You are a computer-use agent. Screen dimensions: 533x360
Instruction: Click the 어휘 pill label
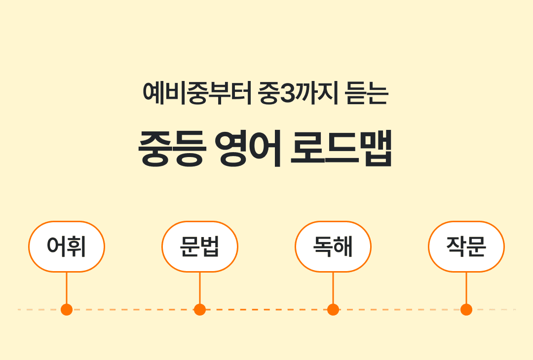pos(67,246)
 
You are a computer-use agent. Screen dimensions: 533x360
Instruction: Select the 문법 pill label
pos(200,246)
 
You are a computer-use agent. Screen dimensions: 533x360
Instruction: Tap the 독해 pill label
pos(333,246)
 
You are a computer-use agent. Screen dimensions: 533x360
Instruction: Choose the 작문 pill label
pos(466,246)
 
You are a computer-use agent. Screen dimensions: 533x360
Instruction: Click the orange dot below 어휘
pos(67,310)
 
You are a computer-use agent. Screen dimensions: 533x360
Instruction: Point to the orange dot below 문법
pos(200,310)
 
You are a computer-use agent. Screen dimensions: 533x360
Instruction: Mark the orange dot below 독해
pos(333,310)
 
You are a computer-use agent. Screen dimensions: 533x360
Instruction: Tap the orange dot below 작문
pos(466,310)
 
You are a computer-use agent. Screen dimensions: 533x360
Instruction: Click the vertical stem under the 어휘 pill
pos(67,288)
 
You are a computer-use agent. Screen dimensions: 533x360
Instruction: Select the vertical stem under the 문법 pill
pos(200,288)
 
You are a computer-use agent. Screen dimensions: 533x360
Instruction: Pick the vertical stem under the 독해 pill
pos(333,288)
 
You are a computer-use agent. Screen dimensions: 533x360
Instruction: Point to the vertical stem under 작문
pos(466,288)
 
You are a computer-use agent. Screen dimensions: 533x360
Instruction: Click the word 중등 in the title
pos(172,148)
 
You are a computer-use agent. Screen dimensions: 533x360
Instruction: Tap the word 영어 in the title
pos(249,148)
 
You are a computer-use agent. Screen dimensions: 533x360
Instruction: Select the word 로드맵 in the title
pos(342,148)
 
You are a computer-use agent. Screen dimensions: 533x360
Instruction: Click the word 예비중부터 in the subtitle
pos(197,92)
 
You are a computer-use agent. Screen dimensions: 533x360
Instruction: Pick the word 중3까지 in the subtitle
pos(298,92)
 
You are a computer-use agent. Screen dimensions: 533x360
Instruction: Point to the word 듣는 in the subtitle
pos(367,92)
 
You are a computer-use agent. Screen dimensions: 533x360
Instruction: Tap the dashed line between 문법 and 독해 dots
pos(266,310)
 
